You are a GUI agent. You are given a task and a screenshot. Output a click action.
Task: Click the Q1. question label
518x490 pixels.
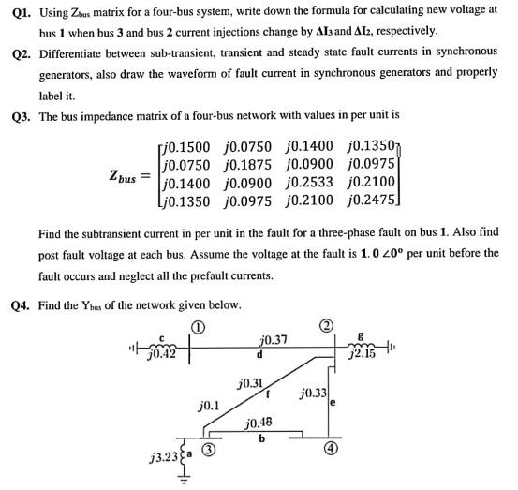tap(17, 10)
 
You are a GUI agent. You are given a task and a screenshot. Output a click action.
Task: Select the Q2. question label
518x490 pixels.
tap(17, 52)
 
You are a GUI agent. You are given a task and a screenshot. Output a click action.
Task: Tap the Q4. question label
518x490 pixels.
tap(17, 304)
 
